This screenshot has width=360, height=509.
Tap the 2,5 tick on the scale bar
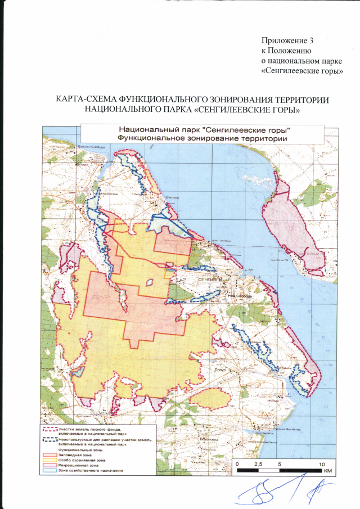[258, 464]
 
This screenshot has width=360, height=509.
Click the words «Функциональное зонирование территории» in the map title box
[201, 138]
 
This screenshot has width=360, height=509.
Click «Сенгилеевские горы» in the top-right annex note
[303, 71]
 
